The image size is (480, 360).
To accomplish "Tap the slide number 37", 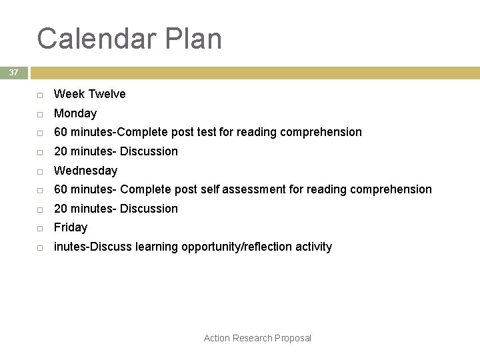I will (13, 73).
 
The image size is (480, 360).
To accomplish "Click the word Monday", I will (75, 113).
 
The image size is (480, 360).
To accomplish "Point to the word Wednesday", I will (85, 171).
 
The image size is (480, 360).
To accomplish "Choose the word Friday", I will (71, 227).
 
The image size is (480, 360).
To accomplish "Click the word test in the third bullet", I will (207, 132).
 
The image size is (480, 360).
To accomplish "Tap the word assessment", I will (254, 189).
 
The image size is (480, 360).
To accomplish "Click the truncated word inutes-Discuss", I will (93, 247).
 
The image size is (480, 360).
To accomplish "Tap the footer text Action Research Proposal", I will (257, 338).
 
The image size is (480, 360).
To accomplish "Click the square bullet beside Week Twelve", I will (40, 95).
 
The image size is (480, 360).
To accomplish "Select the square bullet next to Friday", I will (40, 228).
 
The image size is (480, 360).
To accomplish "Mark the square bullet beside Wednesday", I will (40, 171).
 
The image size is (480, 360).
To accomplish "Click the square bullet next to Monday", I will (40, 114).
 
